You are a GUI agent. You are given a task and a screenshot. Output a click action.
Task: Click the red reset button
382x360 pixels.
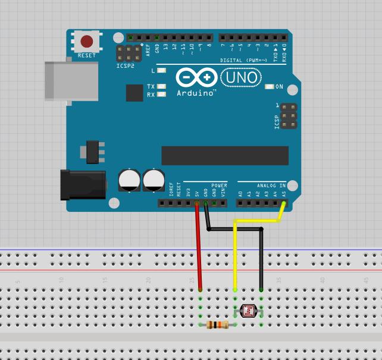coord(87,41)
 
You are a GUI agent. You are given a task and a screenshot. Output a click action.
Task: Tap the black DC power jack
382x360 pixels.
coord(83,184)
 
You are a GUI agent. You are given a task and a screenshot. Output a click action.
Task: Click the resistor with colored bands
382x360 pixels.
coord(218,324)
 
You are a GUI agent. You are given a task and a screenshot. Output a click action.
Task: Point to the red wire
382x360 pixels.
coord(199,250)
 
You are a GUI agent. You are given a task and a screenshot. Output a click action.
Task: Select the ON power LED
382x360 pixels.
coord(269,87)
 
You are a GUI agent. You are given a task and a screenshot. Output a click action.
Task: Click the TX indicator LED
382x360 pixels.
coord(161,87)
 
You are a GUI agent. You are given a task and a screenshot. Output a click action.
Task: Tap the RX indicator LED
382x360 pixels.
coord(161,95)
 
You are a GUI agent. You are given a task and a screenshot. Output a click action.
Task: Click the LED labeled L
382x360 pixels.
coord(161,71)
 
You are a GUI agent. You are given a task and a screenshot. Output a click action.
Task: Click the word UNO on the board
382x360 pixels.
coord(241,77)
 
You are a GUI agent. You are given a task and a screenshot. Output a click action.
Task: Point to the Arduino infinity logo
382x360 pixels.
coord(196,77)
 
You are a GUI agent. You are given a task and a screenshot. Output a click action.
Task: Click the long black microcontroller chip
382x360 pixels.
coord(224,156)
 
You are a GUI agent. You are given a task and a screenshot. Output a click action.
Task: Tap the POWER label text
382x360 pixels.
coord(218,185)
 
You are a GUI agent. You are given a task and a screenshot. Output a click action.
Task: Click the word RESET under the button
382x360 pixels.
coord(87,56)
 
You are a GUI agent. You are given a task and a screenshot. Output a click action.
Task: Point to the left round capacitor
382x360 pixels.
coord(129,179)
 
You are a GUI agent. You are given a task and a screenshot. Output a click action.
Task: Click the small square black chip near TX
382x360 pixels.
coord(134,93)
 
